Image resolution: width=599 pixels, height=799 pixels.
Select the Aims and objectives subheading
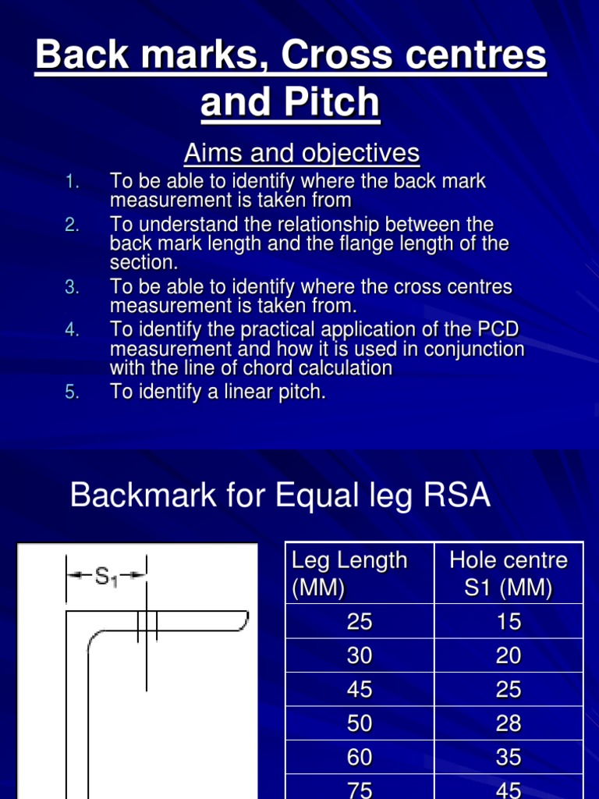301,154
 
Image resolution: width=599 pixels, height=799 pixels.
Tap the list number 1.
72,182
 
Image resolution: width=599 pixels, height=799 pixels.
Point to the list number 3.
72,287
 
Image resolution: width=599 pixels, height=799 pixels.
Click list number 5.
72,392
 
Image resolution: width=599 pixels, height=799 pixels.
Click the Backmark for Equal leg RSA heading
280,495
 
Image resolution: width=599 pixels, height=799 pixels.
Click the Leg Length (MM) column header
349,574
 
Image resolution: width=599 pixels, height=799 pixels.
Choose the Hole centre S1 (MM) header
508,574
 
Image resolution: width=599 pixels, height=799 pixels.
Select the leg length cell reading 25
360,622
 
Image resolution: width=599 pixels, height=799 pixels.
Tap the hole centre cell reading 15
508,622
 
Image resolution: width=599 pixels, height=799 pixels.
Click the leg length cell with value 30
360,656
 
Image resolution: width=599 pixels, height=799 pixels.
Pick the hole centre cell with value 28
508,724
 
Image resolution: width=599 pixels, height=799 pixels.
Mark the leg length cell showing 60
360,758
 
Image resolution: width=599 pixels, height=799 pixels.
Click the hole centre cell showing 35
508,758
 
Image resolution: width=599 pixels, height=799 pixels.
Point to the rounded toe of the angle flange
244,621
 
